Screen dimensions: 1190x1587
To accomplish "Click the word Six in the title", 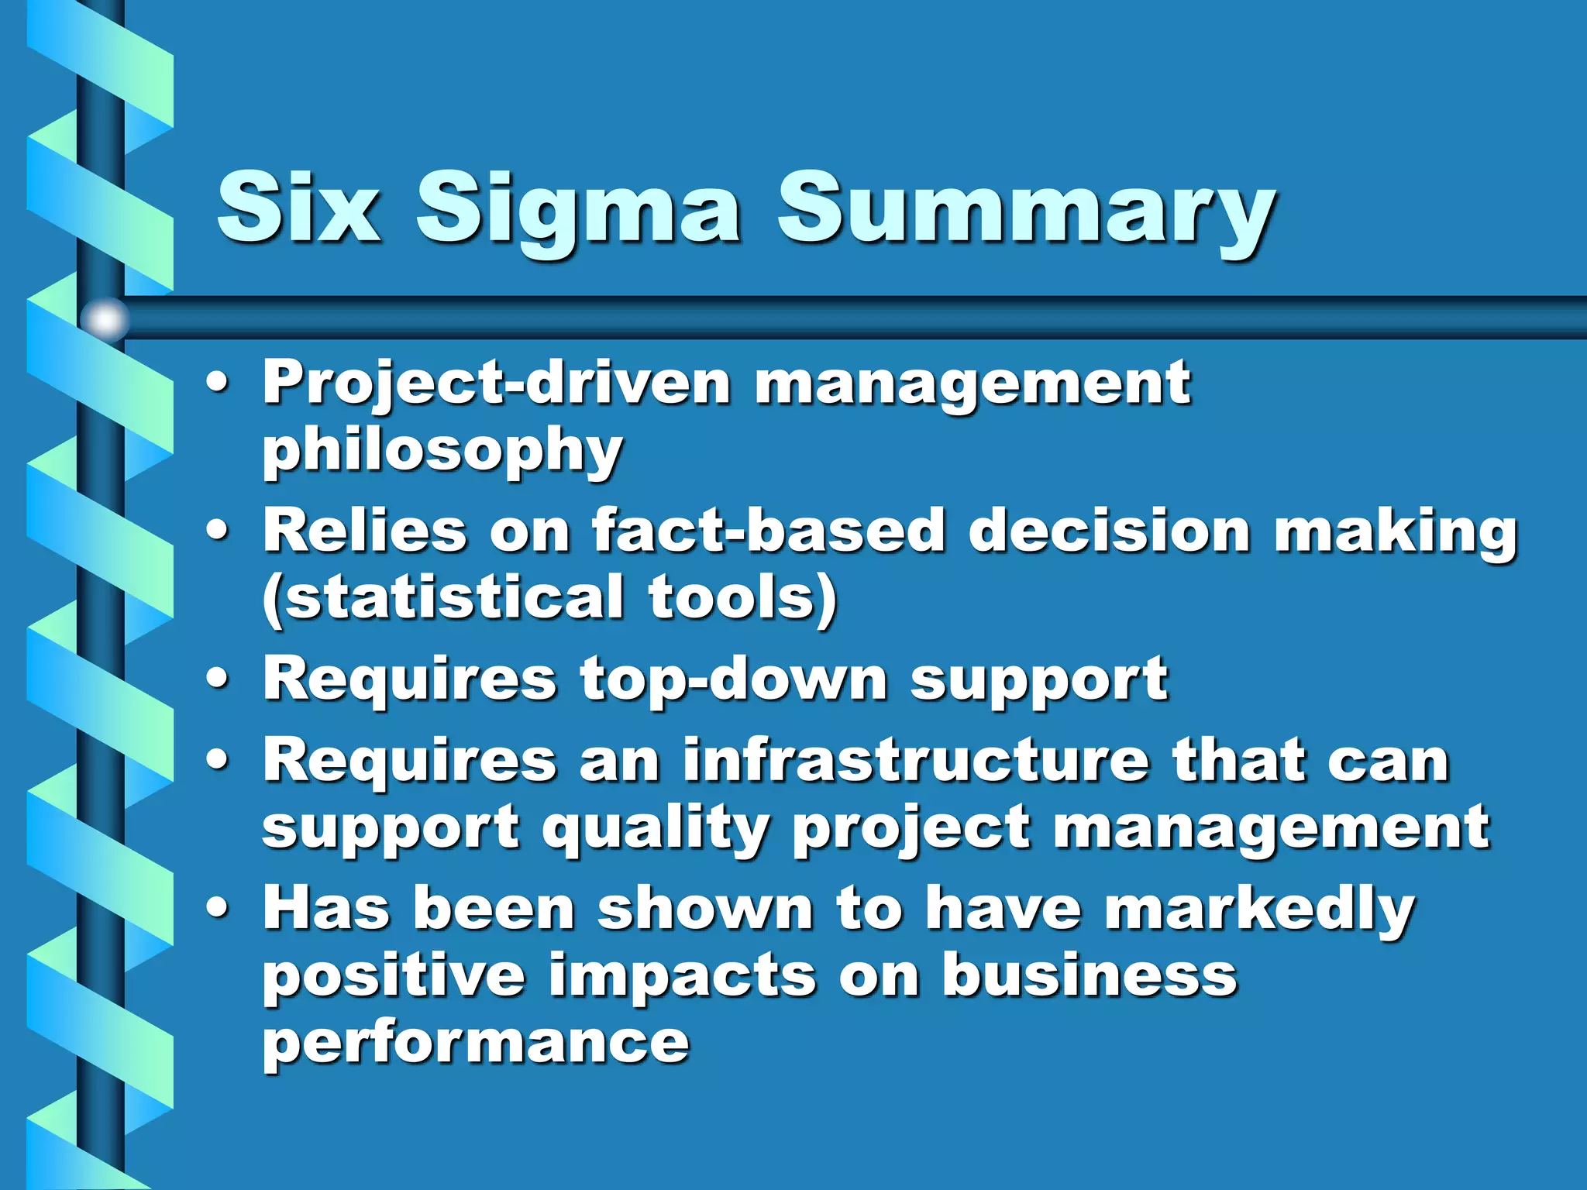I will click(298, 208).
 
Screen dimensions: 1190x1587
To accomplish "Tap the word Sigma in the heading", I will click(577, 209).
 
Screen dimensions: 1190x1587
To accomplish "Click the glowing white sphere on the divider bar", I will click(105, 319).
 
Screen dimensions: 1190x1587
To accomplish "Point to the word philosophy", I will click(442, 452).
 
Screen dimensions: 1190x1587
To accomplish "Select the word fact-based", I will click(768, 531).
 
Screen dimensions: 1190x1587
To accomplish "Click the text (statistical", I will click(442, 598).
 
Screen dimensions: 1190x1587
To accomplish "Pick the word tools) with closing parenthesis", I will click(742, 598).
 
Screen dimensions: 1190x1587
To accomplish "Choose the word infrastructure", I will click(916, 761).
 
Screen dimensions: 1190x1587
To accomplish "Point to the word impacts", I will click(683, 975).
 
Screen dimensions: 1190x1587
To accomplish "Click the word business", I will click(1089, 975).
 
